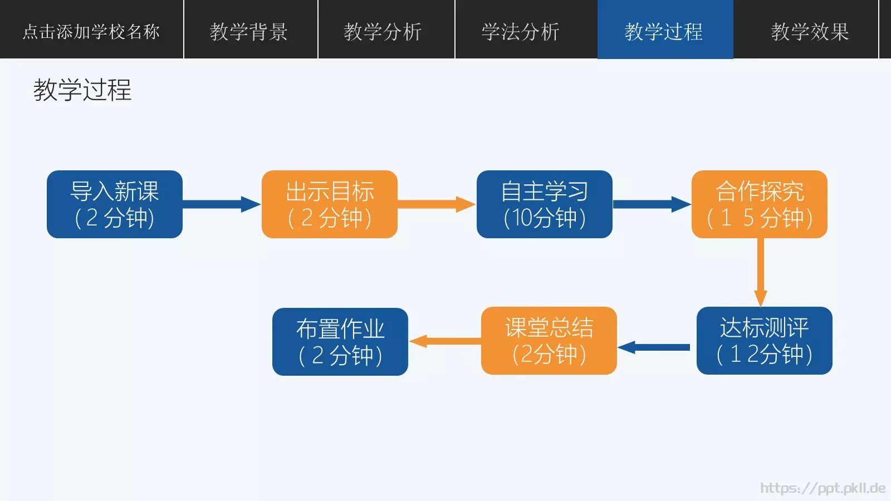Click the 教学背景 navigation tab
[249, 31]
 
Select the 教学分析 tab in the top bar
[383, 31]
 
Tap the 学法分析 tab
[521, 31]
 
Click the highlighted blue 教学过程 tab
[664, 31]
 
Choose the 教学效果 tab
[810, 31]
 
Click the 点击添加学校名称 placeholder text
[91, 31]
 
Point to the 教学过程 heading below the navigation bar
[82, 90]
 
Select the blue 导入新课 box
[115, 204]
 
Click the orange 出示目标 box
[330, 204]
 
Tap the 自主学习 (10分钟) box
[545, 204]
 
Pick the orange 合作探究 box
[760, 204]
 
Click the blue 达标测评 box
[765, 341]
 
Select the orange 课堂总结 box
[549, 341]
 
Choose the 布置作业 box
[340, 342]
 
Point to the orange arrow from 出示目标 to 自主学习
[436, 204]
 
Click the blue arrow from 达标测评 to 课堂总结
[655, 347]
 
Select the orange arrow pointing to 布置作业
[445, 341]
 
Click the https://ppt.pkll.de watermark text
[823, 488]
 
